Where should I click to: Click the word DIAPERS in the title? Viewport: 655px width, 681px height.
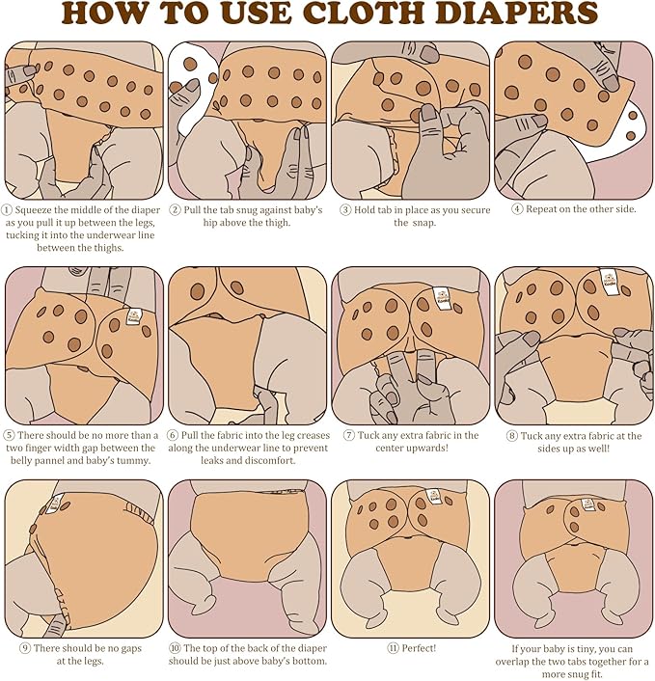pos(516,14)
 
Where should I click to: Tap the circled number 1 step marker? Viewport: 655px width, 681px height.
pos(7,210)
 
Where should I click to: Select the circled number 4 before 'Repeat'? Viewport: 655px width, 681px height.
pos(517,209)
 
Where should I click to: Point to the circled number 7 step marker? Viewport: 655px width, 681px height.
pos(349,435)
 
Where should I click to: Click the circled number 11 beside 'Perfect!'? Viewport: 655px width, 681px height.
pos(393,648)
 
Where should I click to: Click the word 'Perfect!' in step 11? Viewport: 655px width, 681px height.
pos(419,648)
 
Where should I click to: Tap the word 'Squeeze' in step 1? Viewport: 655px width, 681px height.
pos(33,210)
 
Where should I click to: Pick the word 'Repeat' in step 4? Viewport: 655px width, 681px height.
pos(541,209)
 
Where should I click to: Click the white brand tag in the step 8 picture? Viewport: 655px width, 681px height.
pos(607,279)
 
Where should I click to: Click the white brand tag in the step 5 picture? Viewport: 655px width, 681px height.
pos(134,315)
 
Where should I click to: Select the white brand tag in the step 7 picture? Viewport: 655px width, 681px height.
pos(442,298)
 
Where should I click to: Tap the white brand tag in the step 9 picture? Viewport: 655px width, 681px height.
pos(55,504)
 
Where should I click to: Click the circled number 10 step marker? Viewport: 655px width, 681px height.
pos(175,648)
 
